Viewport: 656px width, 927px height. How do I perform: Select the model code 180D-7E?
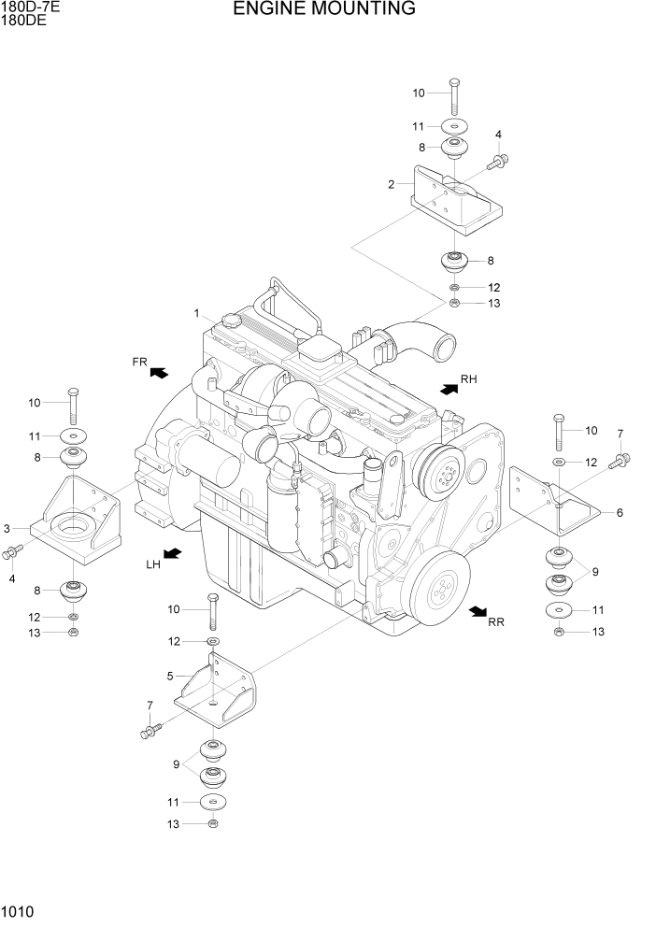pyautogui.click(x=30, y=7)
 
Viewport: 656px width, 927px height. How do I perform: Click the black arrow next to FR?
pyautogui.click(x=159, y=372)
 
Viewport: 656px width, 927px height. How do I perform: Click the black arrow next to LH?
pyautogui.click(x=172, y=554)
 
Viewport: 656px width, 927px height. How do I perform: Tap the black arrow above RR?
pyautogui.click(x=478, y=610)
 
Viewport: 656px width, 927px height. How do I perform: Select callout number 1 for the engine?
pyautogui.click(x=197, y=312)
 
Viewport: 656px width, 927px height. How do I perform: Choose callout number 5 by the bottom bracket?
pyautogui.click(x=170, y=676)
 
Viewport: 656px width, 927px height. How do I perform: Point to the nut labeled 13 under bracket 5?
pyautogui.click(x=214, y=822)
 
